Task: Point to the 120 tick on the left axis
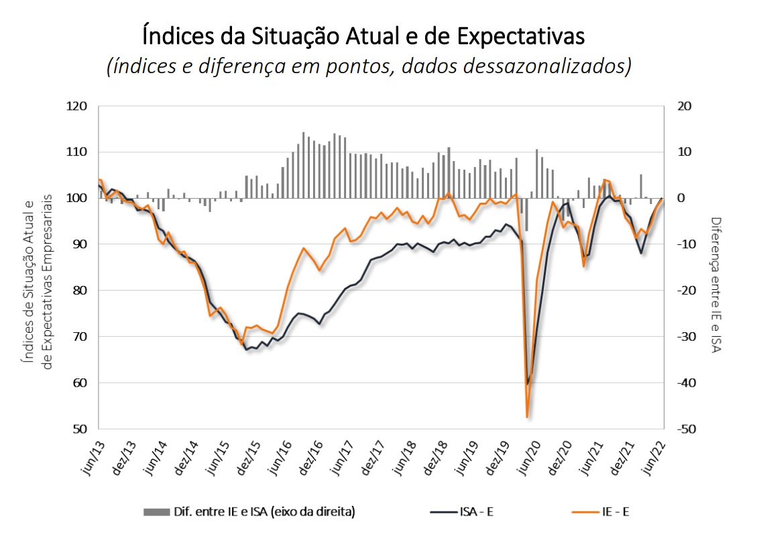78,106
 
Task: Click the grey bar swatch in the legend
156,512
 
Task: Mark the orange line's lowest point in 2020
528,417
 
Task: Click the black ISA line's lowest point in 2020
528,384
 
